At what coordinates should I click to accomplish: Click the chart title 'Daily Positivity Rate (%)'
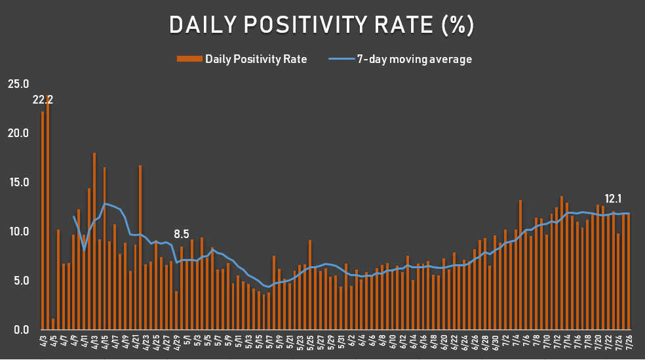tap(321, 25)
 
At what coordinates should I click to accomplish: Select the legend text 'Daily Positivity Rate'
tap(256, 59)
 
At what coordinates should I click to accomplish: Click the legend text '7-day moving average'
tap(414, 59)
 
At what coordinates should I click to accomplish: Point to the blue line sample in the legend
tap(341, 59)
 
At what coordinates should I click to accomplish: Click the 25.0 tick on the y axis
tap(18, 84)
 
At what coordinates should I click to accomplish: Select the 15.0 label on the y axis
tap(18, 182)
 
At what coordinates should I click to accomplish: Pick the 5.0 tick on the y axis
tap(20, 281)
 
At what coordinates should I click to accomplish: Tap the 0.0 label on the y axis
tap(20, 330)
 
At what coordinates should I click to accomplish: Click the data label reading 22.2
tap(43, 100)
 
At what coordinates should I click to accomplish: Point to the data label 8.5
tap(182, 233)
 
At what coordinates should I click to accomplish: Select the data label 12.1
tap(614, 199)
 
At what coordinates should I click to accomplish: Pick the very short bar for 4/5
tap(53, 324)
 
